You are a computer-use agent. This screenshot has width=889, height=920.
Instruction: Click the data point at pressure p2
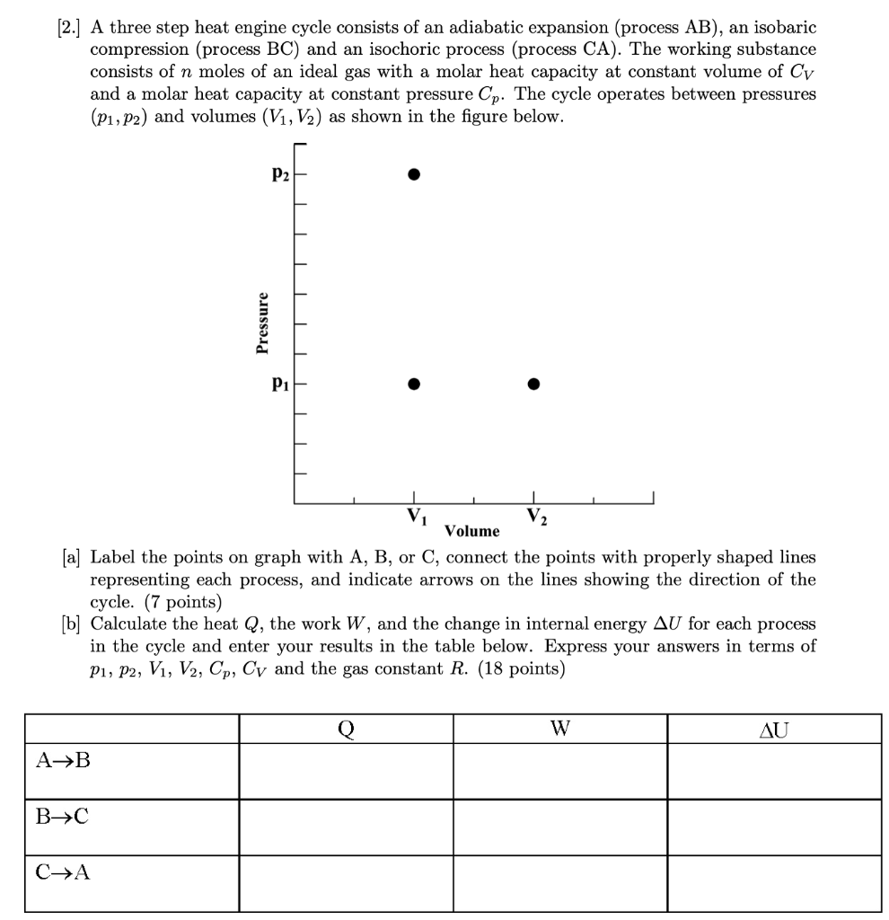(413, 174)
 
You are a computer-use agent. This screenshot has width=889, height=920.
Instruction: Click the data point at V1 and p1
(413, 384)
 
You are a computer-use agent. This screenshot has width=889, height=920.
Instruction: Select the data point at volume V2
(533, 384)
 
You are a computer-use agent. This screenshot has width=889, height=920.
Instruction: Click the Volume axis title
(472, 531)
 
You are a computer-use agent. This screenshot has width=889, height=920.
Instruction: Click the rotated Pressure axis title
(262, 323)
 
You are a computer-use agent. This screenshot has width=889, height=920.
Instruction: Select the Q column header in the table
(346, 730)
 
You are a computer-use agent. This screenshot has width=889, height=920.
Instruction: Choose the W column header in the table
(559, 730)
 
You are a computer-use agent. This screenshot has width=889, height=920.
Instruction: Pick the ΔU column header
(774, 730)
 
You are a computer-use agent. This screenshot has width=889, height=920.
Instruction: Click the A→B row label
(63, 762)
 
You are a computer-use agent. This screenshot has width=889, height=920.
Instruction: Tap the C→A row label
(63, 871)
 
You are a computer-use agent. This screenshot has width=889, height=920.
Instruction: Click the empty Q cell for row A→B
(346, 771)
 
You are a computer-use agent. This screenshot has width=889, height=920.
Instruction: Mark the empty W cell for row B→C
(559, 827)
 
